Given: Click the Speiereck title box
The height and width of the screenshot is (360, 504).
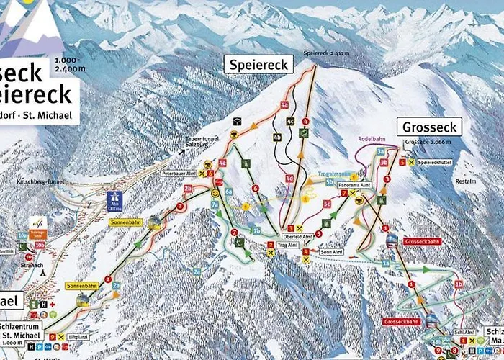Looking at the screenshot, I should (258, 65).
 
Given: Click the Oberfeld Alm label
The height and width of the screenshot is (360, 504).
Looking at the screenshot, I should (297, 237).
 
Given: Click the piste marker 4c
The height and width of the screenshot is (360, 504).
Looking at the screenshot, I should (290, 122).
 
